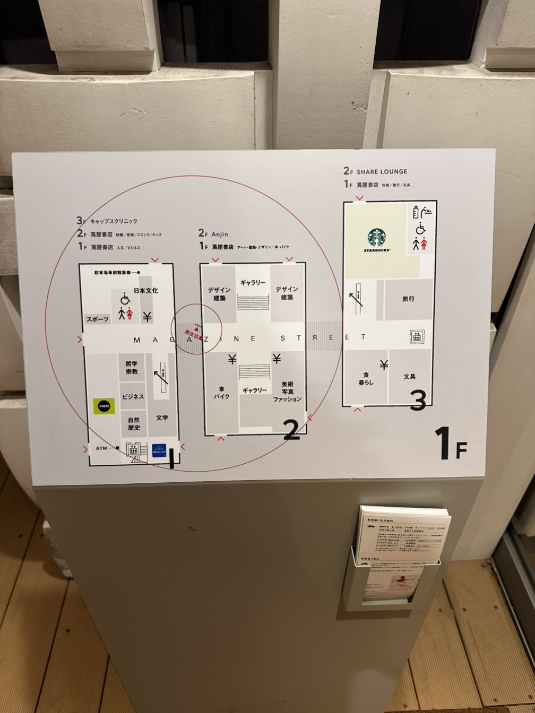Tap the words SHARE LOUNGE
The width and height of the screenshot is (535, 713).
pyautogui.click(x=382, y=171)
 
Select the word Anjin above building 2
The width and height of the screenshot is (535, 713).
pyautogui.click(x=220, y=233)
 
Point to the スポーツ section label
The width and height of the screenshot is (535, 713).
pyautogui.click(x=98, y=319)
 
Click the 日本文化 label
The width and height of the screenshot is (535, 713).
pyautogui.click(x=145, y=291)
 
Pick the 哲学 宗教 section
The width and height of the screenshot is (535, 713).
pyautogui.click(x=132, y=368)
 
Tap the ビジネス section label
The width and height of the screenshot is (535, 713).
pyautogui.click(x=133, y=397)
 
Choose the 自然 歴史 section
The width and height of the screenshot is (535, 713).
pyautogui.click(x=133, y=423)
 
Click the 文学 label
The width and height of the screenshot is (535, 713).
pyautogui.click(x=162, y=418)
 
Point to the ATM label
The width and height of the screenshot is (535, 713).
pyautogui.click(x=101, y=448)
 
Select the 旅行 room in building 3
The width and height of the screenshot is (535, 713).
pyautogui.click(x=408, y=299)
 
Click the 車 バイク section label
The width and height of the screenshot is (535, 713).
pyautogui.click(x=221, y=393)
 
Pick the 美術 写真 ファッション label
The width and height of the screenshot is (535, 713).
pyautogui.click(x=287, y=392)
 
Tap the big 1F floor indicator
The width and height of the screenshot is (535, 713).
pyautogui.click(x=451, y=443)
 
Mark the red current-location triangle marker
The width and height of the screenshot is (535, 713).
pyautogui.click(x=197, y=329)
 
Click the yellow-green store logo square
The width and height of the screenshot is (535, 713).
pyautogui.click(x=104, y=406)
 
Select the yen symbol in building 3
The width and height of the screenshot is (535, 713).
pyautogui.click(x=384, y=364)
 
